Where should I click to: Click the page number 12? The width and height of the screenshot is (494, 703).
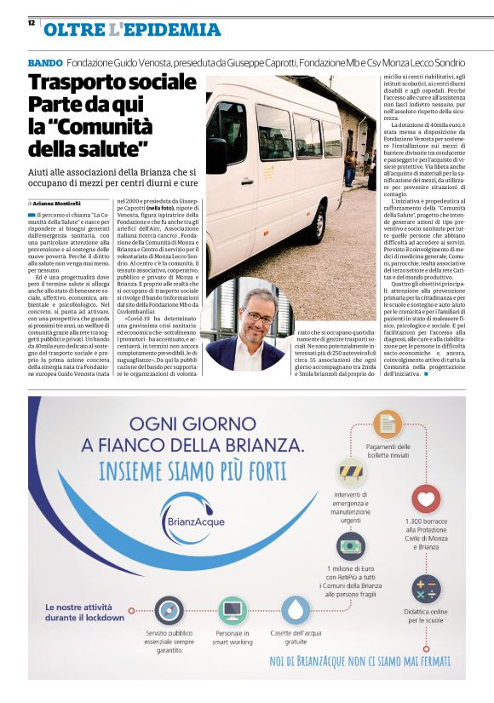click(31, 23)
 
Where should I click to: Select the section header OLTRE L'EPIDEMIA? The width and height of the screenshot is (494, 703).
click(131, 30)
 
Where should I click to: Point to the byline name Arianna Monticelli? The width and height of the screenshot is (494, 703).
click(58, 204)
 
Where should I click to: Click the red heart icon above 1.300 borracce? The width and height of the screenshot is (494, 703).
click(425, 498)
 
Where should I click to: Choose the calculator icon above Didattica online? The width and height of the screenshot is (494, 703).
click(425, 589)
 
